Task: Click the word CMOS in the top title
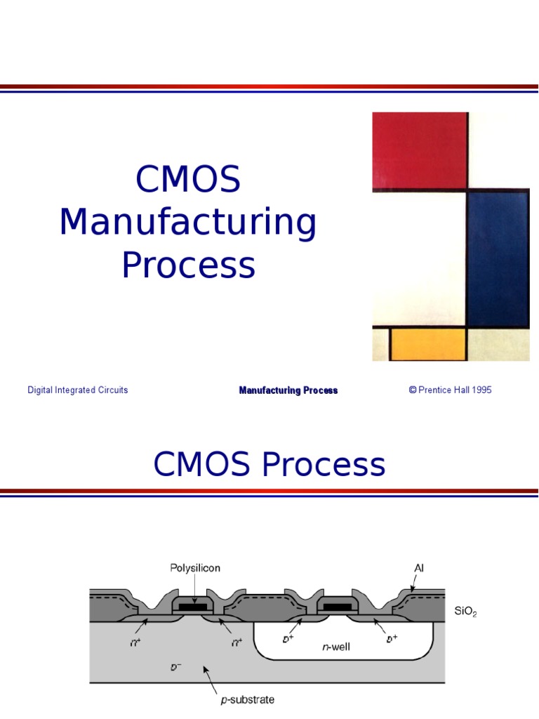point(188,180)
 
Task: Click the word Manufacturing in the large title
point(188,222)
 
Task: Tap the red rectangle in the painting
point(419,150)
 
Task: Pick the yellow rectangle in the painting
point(428,343)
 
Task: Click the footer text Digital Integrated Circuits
point(77,390)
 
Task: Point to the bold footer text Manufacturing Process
point(288,390)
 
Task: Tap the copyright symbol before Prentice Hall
point(413,390)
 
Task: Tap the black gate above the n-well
point(337,606)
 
